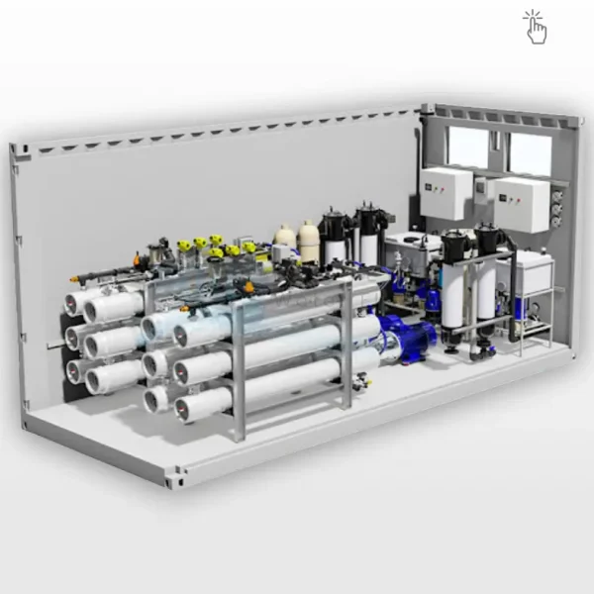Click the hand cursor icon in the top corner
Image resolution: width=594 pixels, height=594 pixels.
pyautogui.click(x=536, y=28)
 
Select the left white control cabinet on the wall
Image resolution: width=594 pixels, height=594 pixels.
pyautogui.click(x=445, y=193)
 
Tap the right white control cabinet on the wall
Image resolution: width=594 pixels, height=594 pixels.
pyautogui.click(x=521, y=205)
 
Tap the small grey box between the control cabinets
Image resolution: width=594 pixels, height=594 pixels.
pyautogui.click(x=482, y=187)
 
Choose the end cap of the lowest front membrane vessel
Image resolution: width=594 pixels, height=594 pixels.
pyautogui.click(x=188, y=405)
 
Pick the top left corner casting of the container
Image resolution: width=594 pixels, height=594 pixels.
pyautogui.click(x=17, y=150)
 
